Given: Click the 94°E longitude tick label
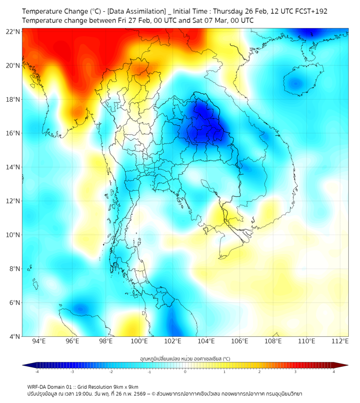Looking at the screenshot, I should (39, 341).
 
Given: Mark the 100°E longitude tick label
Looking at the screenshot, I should (140, 341).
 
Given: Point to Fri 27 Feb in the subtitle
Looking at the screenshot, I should (128, 20).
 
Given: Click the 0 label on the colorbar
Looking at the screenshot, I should (185, 372).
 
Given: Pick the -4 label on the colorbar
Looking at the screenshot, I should (36, 372).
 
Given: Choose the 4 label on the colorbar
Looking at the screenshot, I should (334, 372).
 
